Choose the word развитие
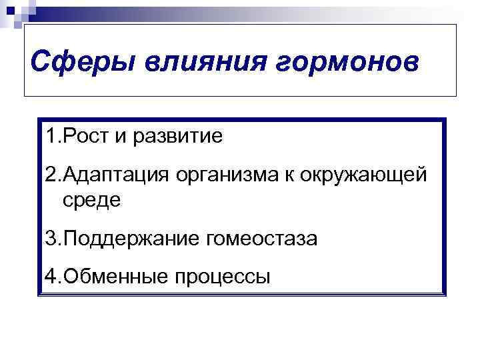click(178, 137)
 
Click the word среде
click(93, 200)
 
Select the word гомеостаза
click(260, 238)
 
